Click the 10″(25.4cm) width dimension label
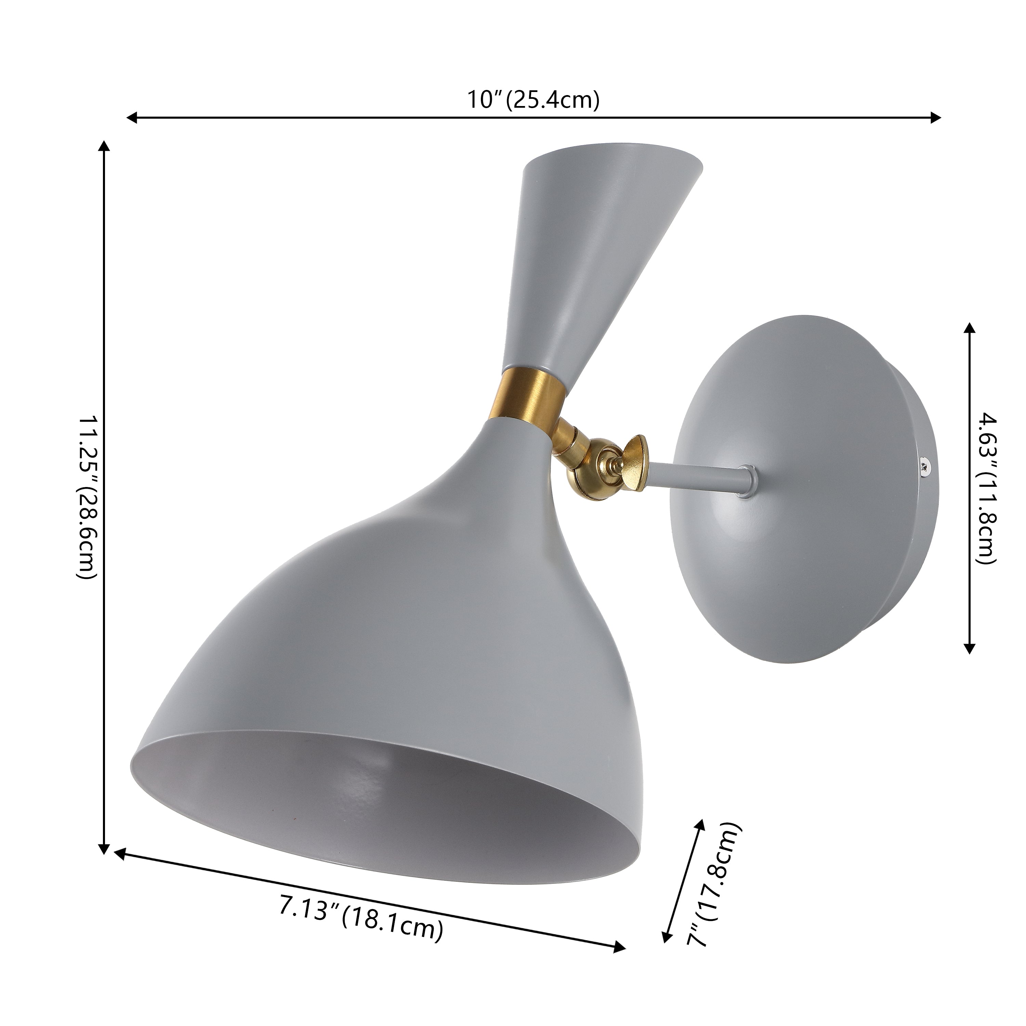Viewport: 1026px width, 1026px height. [533, 100]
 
